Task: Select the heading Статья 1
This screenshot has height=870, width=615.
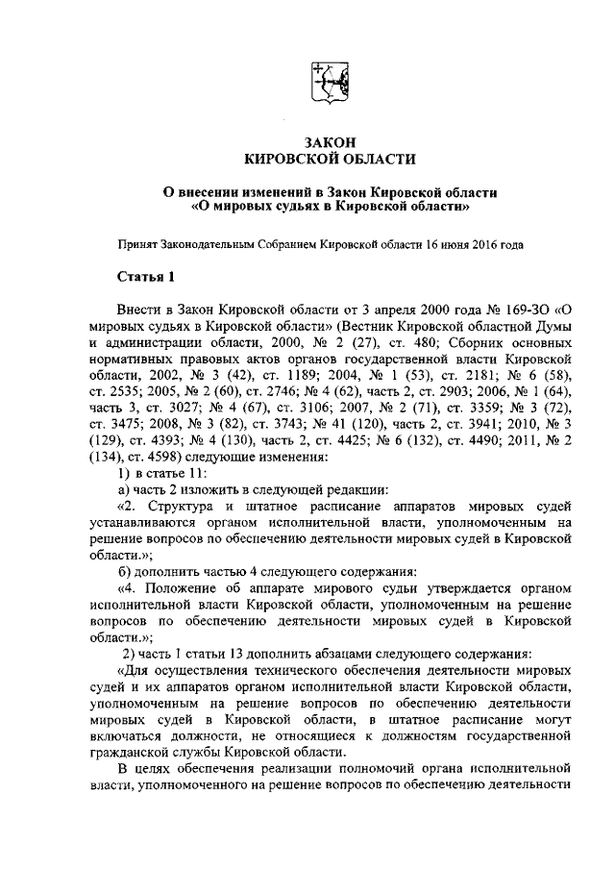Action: [146, 278]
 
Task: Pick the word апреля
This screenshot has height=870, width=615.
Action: [382, 311]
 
